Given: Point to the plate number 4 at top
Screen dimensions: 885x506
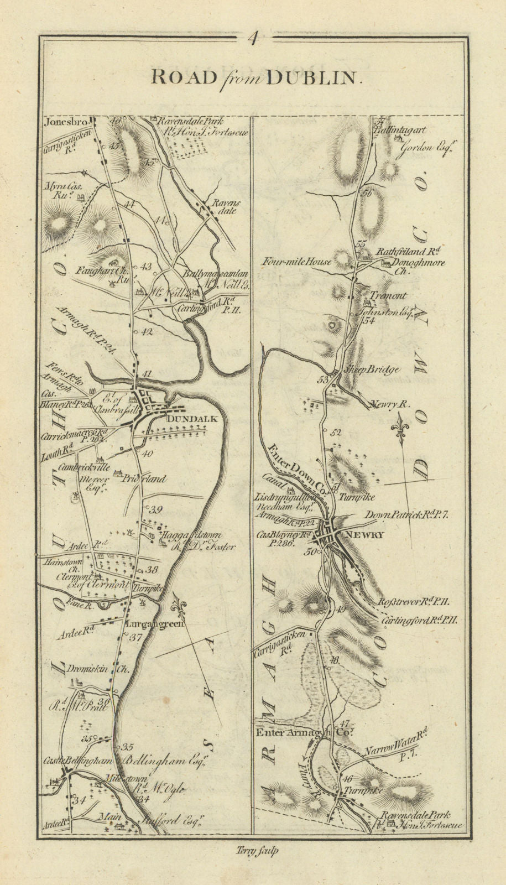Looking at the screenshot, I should point(253,38).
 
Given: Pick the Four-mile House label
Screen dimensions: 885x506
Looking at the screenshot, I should point(298,261).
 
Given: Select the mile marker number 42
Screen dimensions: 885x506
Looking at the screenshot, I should point(146,332).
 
